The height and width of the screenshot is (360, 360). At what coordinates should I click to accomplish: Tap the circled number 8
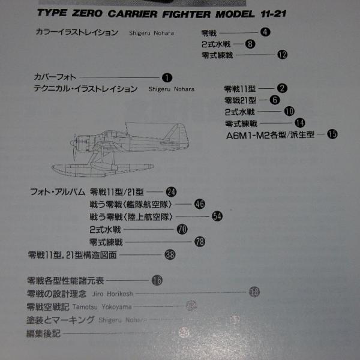click(x=250, y=43)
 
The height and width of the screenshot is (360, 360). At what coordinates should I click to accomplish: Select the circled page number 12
click(x=283, y=55)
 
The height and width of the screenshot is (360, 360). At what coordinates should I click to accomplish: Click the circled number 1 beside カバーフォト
click(x=167, y=77)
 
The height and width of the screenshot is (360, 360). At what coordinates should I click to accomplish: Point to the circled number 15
click(x=332, y=134)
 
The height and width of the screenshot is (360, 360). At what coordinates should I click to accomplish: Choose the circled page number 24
click(x=172, y=192)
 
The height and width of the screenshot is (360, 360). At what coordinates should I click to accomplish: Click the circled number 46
click(x=200, y=204)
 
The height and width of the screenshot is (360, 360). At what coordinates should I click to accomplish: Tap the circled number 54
click(x=217, y=216)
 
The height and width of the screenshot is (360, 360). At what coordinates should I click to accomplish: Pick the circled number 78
click(x=200, y=242)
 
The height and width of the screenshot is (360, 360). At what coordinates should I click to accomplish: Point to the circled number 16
click(x=157, y=280)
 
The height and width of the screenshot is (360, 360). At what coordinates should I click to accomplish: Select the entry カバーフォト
click(x=56, y=77)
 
